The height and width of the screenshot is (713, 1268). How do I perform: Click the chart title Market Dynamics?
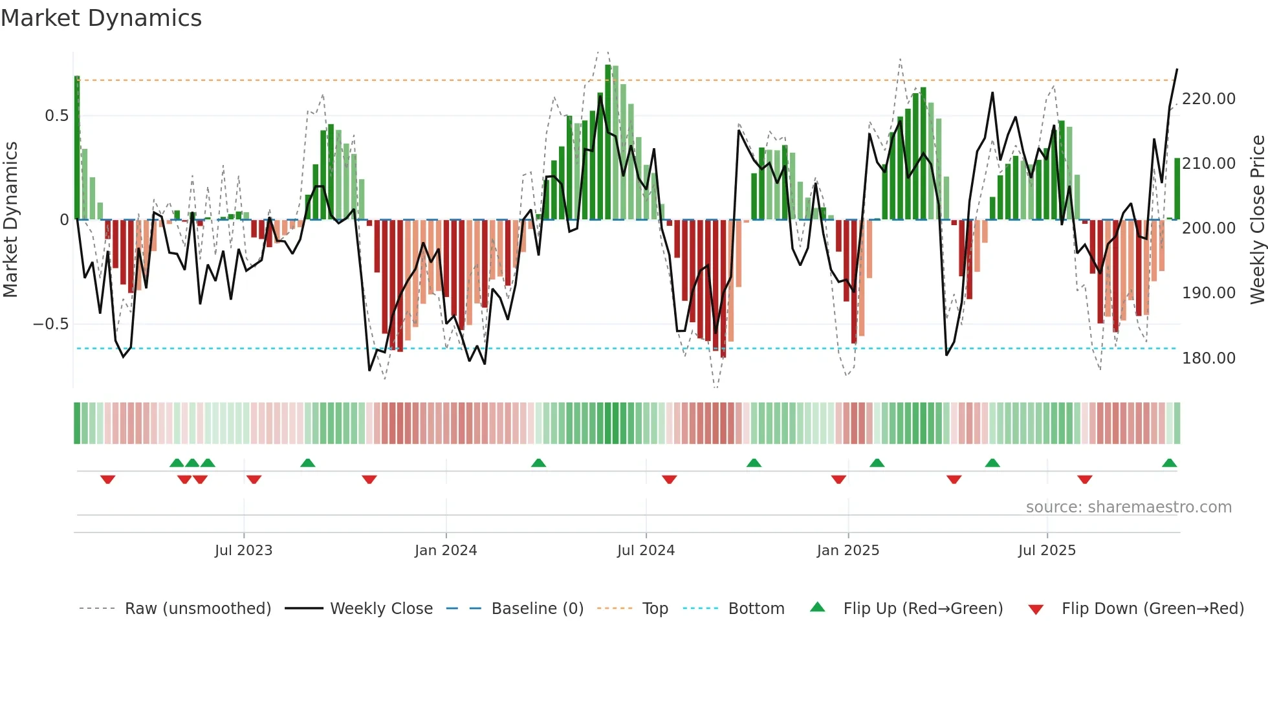pos(101,18)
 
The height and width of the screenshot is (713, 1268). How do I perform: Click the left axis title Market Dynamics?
pos(10,219)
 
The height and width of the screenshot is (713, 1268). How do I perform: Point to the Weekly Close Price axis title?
pos(1257,219)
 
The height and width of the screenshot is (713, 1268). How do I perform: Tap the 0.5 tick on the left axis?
pos(56,116)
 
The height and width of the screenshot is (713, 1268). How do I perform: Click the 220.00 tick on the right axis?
pos(1208,99)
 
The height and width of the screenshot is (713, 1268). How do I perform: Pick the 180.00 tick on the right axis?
pos(1208,358)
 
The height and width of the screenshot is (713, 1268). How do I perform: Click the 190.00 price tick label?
pos(1208,293)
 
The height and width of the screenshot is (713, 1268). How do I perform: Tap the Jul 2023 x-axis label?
pos(243,551)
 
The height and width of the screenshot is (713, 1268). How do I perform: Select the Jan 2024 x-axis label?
pos(446,551)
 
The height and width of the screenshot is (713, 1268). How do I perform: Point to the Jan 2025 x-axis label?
pos(847,551)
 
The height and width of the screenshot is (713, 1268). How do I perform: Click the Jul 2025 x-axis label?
pos(1046,551)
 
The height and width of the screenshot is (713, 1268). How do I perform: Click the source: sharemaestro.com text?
pos(1128,507)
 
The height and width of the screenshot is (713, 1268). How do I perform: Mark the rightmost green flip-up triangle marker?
pos(1169,463)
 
